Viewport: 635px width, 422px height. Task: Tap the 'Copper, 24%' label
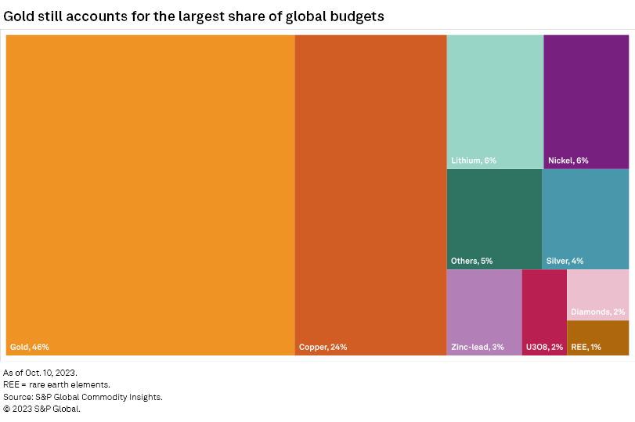[x=323, y=347]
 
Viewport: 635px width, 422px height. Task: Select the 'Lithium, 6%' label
[x=474, y=161]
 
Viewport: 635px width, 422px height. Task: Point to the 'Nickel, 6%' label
[x=568, y=161]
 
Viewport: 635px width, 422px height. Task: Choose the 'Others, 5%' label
[x=471, y=261]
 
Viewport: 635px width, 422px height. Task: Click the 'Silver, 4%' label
[x=565, y=261]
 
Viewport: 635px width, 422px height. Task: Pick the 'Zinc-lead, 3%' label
[x=478, y=347]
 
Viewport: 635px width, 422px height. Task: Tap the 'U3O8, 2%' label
[x=544, y=347]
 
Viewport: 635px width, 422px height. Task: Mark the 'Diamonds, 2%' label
[x=597, y=312]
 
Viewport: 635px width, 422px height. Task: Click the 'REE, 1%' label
[x=586, y=347]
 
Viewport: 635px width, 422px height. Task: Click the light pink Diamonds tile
[x=597, y=290]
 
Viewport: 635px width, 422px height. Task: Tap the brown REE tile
[x=597, y=333]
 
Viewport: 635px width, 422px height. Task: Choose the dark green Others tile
[x=494, y=211]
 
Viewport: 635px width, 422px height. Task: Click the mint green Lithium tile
[x=495, y=94]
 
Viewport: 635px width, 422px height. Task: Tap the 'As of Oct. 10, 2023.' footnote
[x=41, y=373]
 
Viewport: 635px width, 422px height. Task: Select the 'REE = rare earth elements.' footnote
[x=57, y=384]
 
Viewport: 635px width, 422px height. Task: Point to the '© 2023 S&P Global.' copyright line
[x=42, y=409]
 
